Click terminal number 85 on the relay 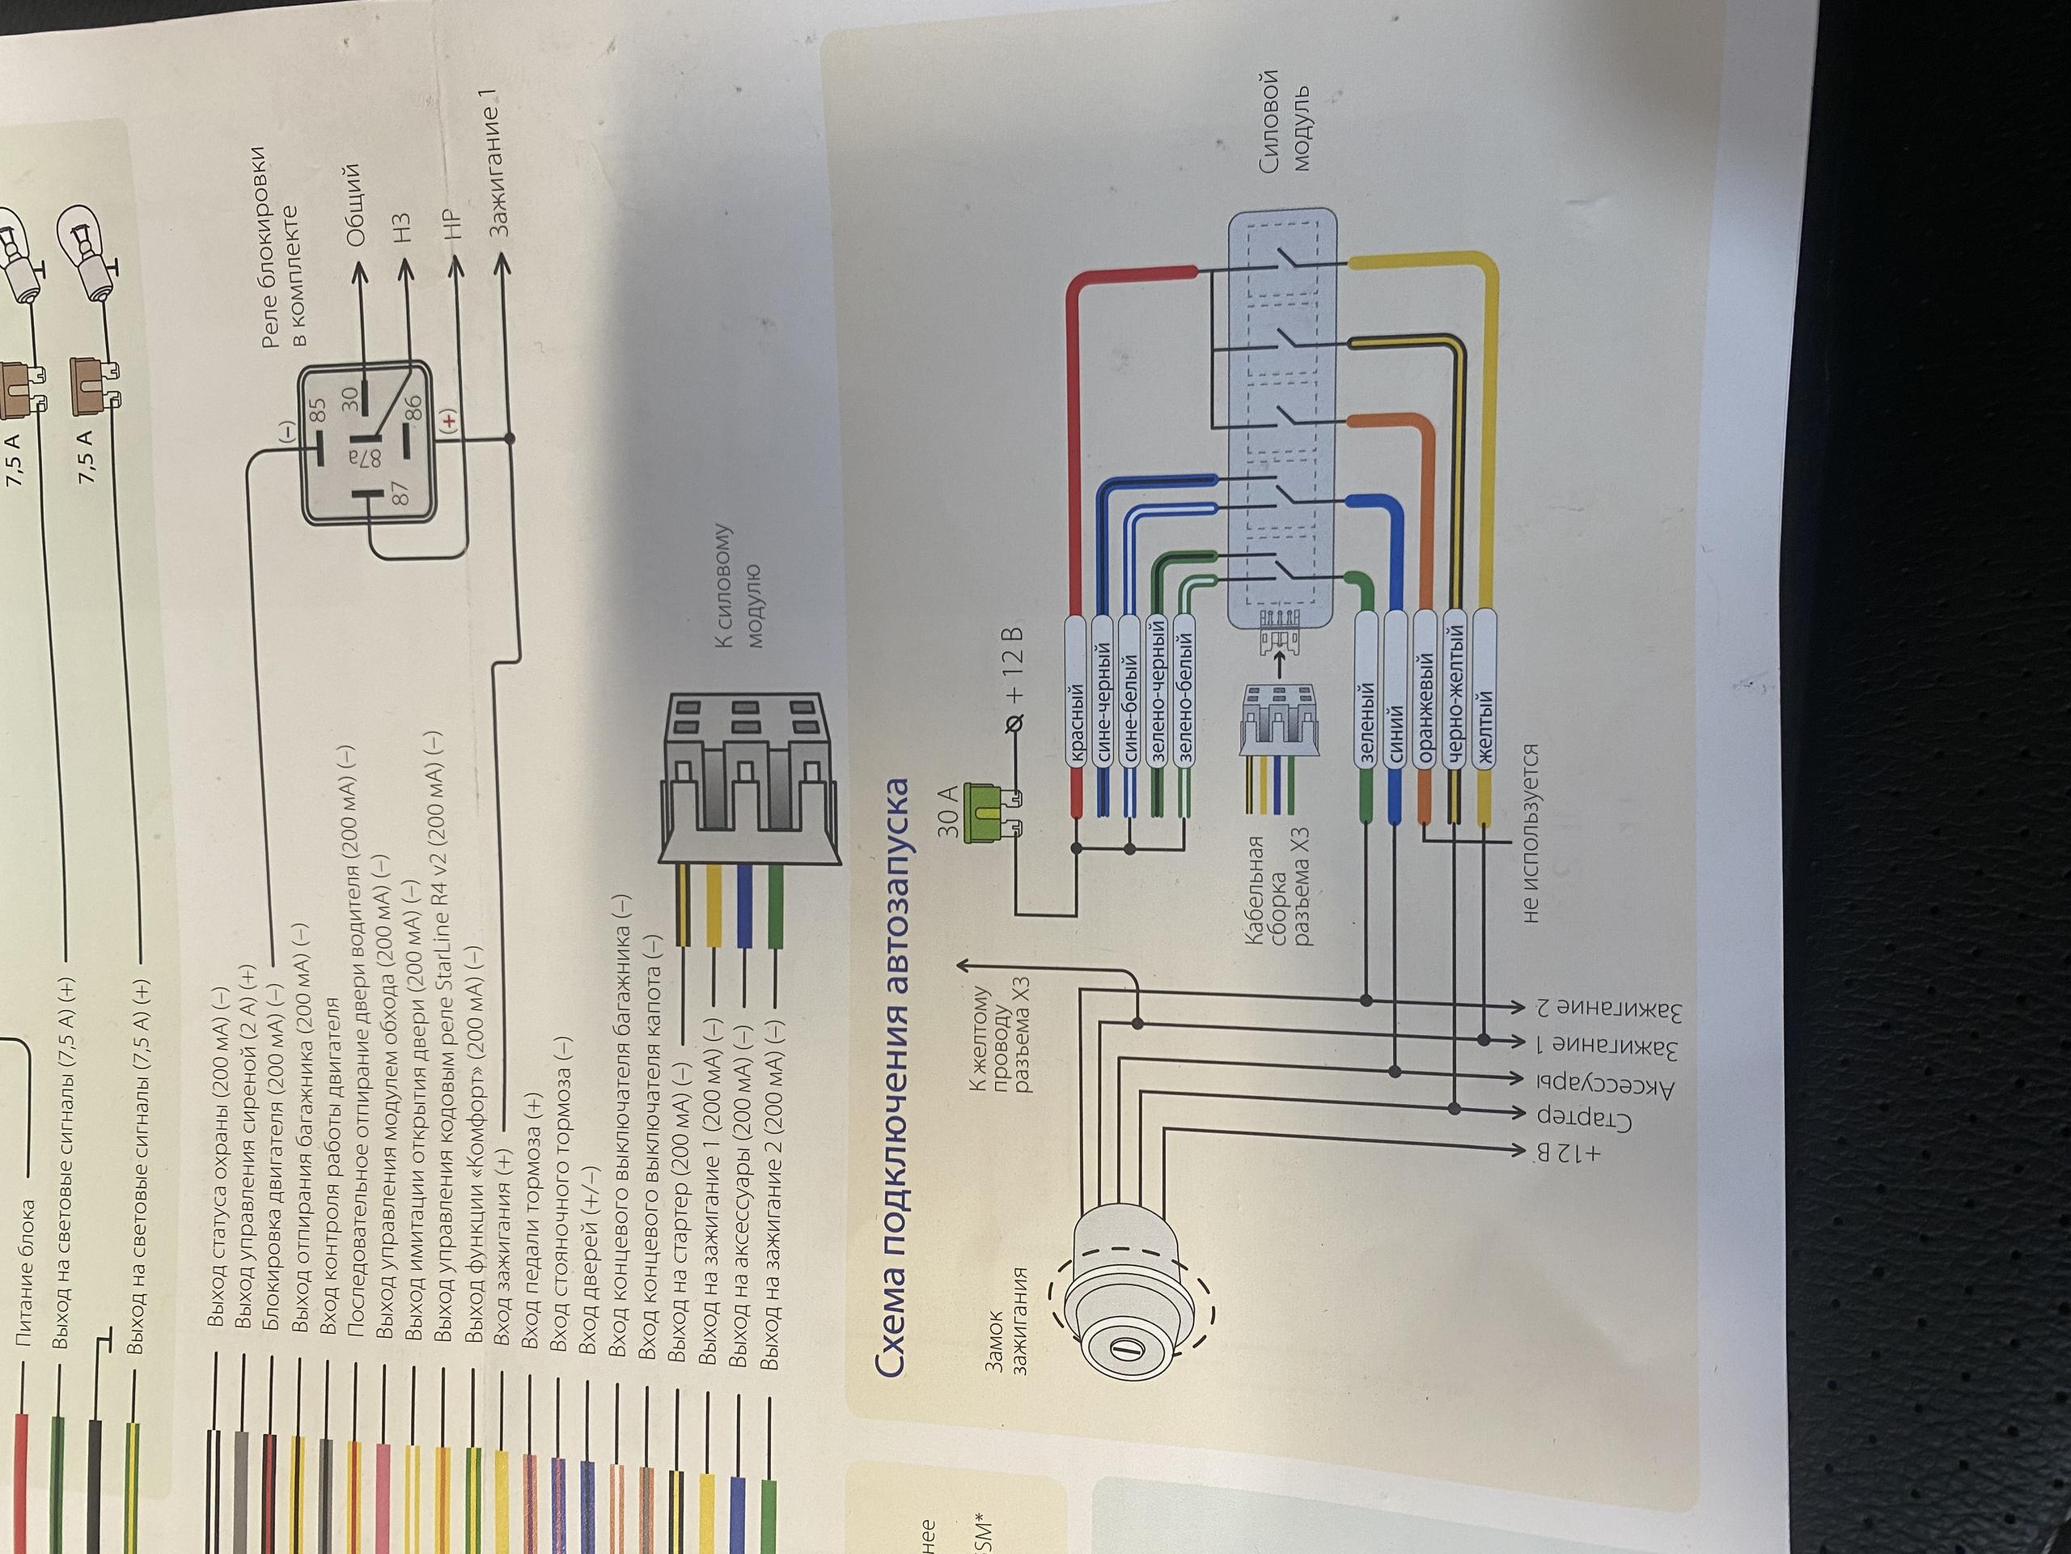(318, 410)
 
